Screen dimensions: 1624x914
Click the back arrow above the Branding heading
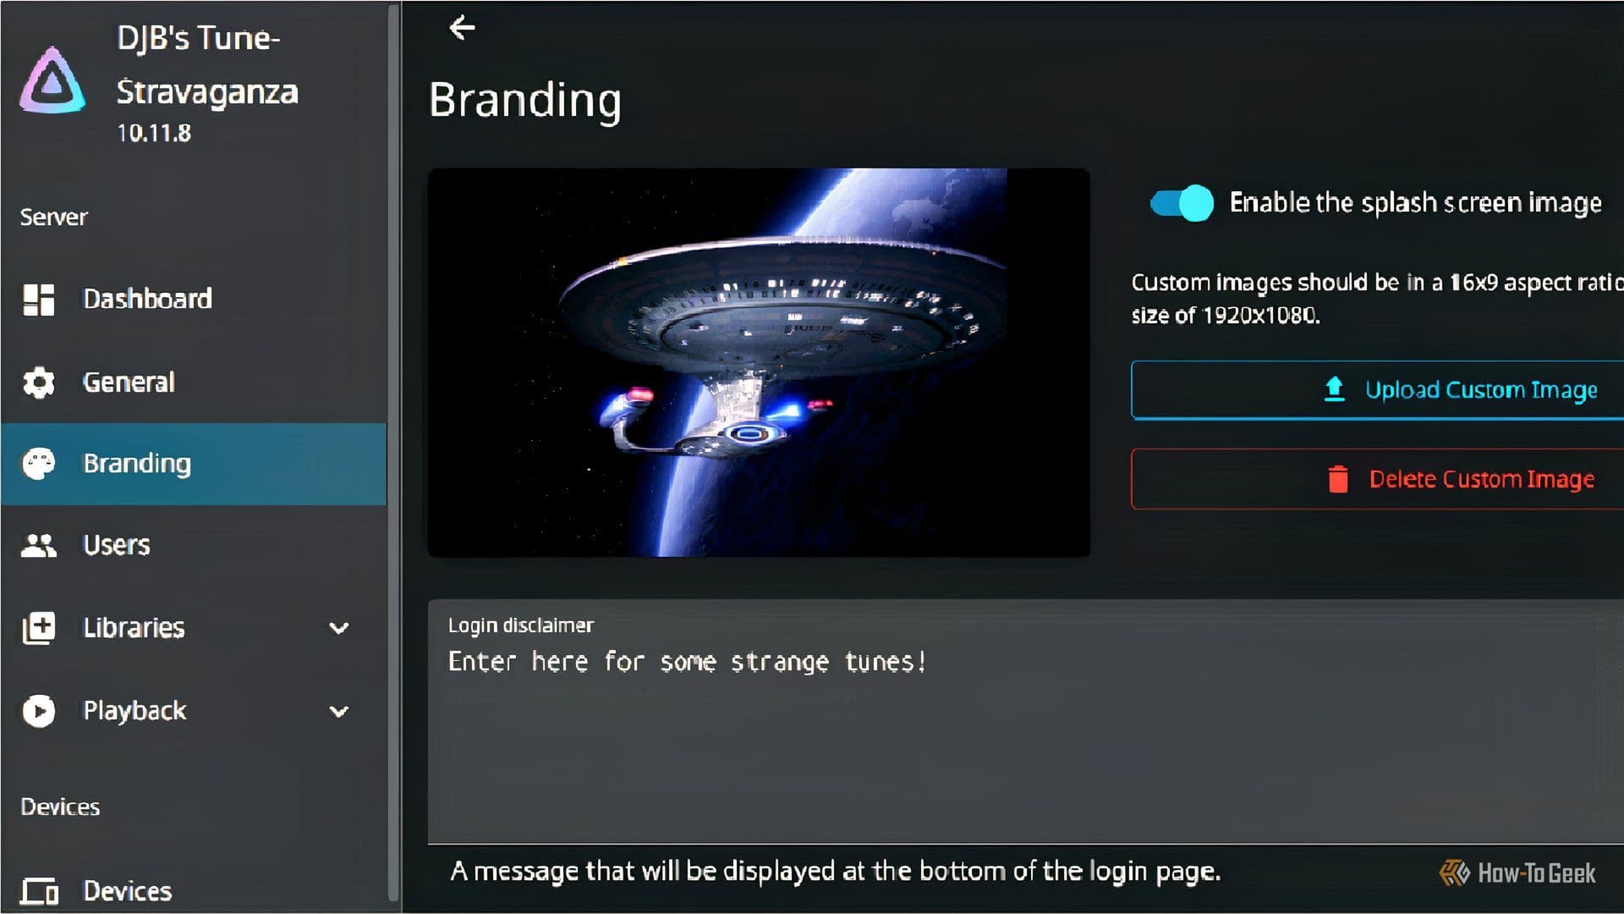click(462, 28)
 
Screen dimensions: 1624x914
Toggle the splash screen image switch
click(1182, 203)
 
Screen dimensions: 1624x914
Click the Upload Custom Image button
click(1377, 390)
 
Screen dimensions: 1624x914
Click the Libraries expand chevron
click(339, 628)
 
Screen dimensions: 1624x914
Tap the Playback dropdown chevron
click(339, 711)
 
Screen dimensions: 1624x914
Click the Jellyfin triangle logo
click(52, 80)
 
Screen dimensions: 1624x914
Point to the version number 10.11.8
click(154, 134)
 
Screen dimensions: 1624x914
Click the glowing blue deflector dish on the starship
click(747, 434)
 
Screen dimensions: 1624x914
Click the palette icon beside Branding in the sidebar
click(39, 464)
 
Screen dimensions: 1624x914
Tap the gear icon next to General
click(39, 383)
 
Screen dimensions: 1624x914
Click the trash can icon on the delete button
click(1338, 479)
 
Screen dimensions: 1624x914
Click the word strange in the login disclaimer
click(780, 662)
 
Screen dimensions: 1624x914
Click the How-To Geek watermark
click(1517, 873)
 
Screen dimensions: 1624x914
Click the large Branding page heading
click(525, 101)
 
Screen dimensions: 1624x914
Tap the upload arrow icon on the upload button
click(1335, 389)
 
